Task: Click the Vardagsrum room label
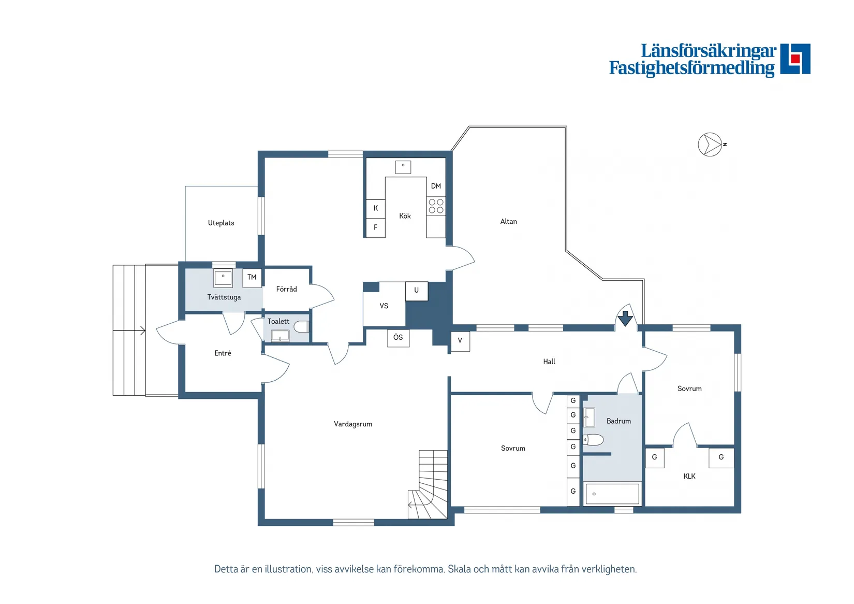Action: click(352, 424)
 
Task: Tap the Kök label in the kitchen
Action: click(405, 216)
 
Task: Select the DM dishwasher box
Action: click(436, 186)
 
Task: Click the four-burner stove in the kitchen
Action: click(436, 206)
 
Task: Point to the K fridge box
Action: click(376, 209)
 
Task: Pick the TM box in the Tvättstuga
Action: click(252, 277)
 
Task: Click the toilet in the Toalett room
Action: click(301, 327)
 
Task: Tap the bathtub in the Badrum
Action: click(612, 494)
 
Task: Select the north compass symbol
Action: click(711, 145)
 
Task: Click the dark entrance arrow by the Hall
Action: click(625, 318)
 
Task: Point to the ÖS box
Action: click(398, 338)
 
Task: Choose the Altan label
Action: click(509, 221)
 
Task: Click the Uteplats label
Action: click(221, 223)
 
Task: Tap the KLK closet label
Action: click(689, 476)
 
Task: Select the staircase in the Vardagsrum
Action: click(428, 484)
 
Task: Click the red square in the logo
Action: click(795, 59)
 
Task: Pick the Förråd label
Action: click(286, 289)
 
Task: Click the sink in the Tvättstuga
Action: click(223, 278)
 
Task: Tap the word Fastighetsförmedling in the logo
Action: click(692, 68)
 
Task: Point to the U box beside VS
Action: click(416, 291)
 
